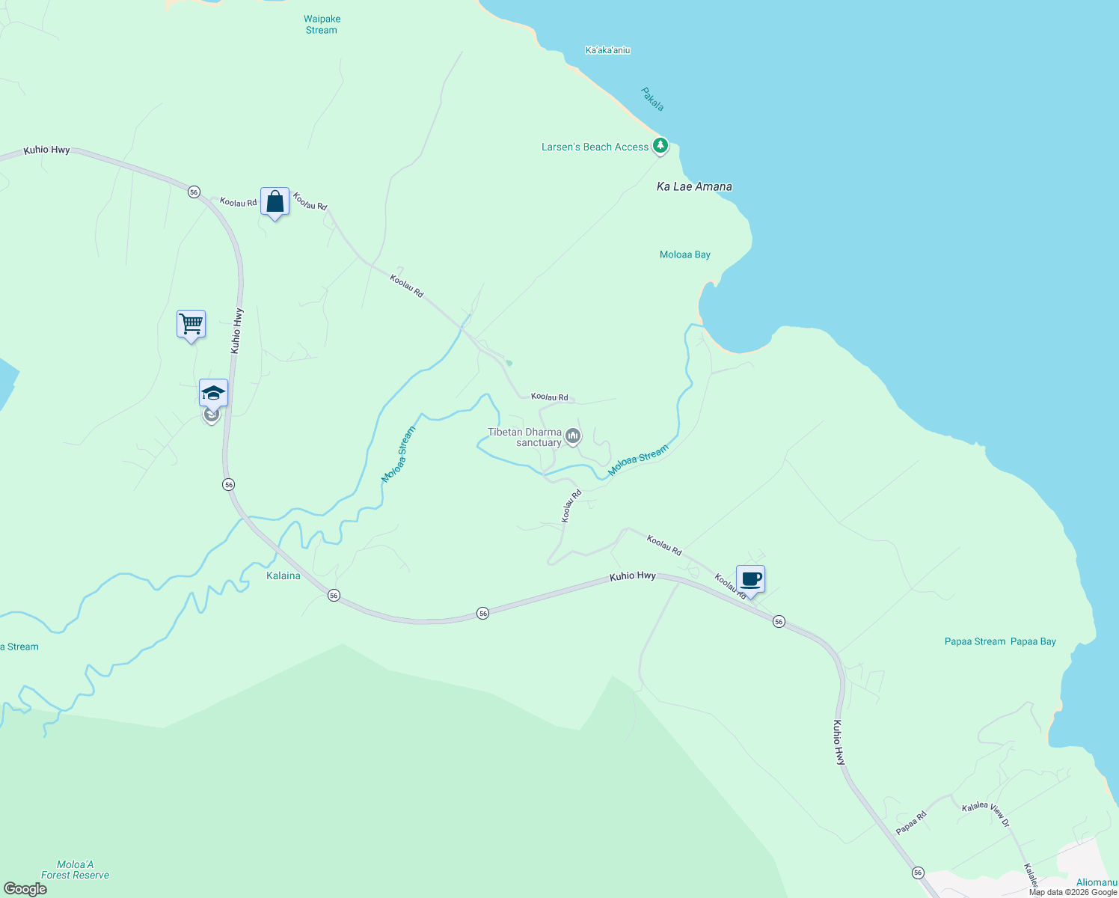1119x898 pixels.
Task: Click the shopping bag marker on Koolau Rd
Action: [275, 202]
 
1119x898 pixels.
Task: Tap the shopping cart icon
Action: [191, 325]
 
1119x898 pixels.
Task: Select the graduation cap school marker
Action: [213, 394]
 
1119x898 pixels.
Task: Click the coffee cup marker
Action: [750, 579]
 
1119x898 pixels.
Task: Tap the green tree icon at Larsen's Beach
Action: [660, 146]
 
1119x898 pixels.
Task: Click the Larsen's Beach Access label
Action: [595, 147]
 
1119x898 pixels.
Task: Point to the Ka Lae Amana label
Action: [694, 186]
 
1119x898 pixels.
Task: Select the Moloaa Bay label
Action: [684, 254]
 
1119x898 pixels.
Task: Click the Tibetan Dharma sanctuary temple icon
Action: [573, 436]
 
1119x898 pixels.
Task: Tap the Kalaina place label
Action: [283, 575]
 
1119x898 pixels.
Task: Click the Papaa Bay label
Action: [1033, 641]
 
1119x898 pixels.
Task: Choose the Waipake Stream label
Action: [322, 25]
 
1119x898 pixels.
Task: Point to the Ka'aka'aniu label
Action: [607, 50]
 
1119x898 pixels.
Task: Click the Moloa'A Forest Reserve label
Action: [75, 870]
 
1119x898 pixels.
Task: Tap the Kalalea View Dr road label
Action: [985, 814]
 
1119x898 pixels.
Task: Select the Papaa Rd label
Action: [912, 823]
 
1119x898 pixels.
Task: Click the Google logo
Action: [25, 888]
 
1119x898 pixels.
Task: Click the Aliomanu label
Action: [1096, 882]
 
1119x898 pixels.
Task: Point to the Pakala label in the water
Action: [652, 99]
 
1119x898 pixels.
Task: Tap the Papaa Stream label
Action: [975, 641]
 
